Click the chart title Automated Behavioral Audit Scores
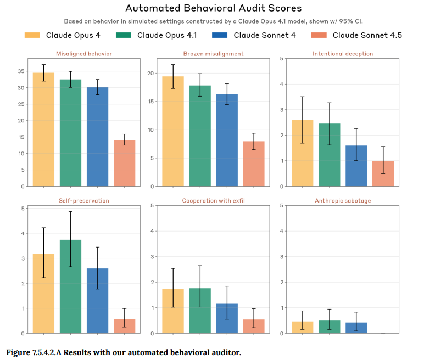tap(213, 8)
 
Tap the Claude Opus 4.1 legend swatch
tap(124, 35)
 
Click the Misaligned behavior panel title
tap(84, 54)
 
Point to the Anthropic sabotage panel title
tap(343, 201)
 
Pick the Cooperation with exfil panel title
tap(213, 201)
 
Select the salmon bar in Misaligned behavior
tap(125, 163)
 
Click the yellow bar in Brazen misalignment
tap(173, 132)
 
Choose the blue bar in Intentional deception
tap(356, 166)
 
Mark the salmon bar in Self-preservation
tap(125, 326)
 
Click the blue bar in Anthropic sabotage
tap(356, 328)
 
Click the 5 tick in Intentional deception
tap(281, 58)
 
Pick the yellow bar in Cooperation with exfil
tap(173, 311)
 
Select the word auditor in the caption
tap(224, 352)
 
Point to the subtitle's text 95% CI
tap(349, 21)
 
